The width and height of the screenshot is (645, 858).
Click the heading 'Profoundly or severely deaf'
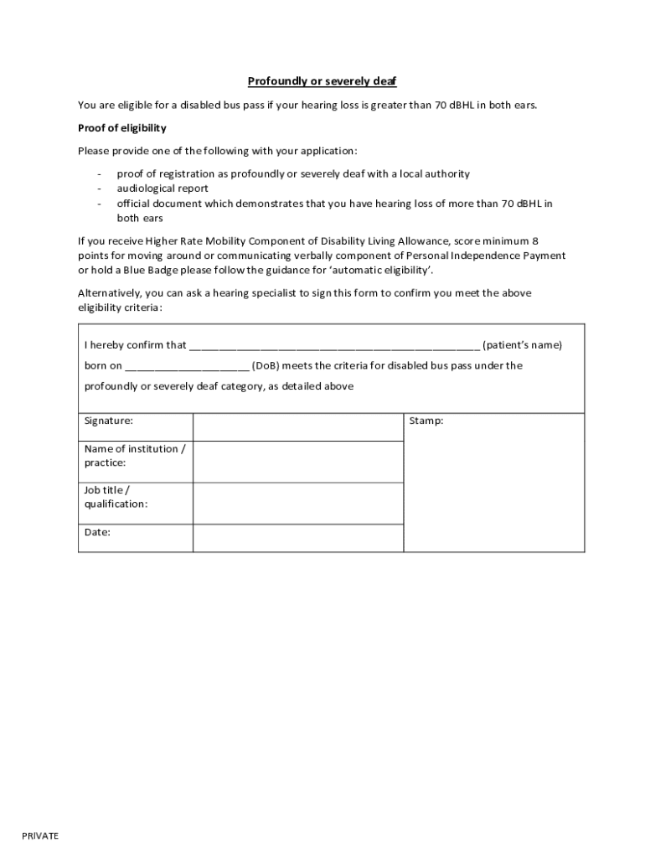click(x=322, y=81)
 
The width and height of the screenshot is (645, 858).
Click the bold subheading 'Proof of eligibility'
click(x=122, y=128)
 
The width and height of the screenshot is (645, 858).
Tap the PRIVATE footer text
click(x=40, y=836)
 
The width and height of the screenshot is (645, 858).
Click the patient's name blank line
click(x=334, y=345)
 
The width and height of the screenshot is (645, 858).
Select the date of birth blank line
click(x=187, y=366)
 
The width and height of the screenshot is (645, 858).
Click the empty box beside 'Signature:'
click(x=297, y=426)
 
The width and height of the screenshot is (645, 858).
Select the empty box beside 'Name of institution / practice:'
click(x=297, y=463)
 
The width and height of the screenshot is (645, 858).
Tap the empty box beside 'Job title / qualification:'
click(x=297, y=504)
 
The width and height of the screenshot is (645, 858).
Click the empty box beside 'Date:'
click(x=297, y=538)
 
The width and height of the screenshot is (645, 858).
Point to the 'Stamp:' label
click(x=426, y=421)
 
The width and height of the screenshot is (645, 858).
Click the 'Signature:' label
click(x=109, y=421)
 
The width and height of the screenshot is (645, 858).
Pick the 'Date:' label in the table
click(x=97, y=532)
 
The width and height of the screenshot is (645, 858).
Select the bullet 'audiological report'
click(x=163, y=189)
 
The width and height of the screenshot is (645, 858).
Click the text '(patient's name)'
click(x=523, y=345)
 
